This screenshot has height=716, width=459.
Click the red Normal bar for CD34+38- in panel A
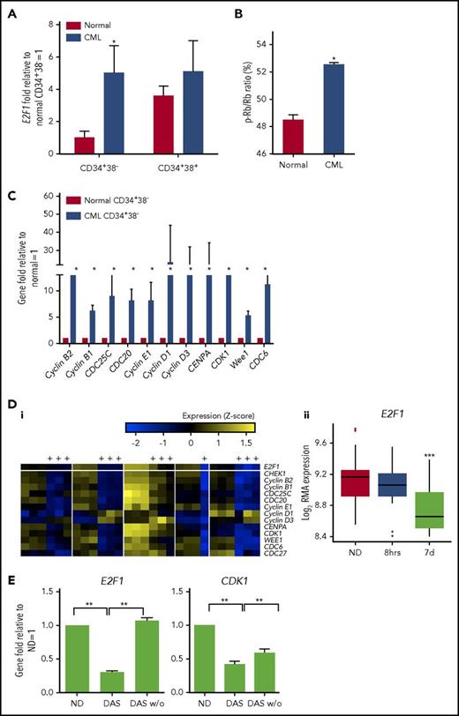tap(85, 144)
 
